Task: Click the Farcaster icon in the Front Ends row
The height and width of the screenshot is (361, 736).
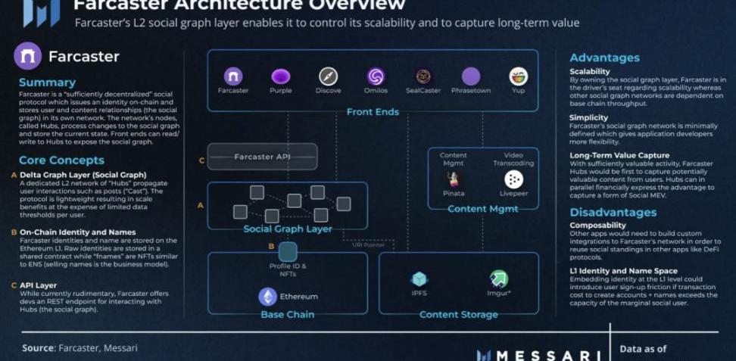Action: tap(232, 76)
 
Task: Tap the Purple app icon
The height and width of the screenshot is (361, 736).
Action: tap(280, 76)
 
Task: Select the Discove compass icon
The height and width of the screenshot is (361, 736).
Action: tap(328, 76)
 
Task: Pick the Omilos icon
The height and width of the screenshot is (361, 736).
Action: tap(376, 76)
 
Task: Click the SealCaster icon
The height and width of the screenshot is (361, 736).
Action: tap(423, 76)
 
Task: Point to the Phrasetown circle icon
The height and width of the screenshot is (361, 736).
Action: tap(471, 76)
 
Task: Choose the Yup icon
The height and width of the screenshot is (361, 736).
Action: tap(519, 76)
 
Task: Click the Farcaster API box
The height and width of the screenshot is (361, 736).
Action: tap(262, 157)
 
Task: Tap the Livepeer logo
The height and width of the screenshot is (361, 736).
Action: tap(513, 179)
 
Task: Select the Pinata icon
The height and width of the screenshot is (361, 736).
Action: tap(454, 179)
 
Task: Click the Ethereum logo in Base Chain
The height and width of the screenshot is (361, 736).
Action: tap(267, 296)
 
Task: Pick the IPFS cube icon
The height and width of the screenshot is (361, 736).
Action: tap(419, 279)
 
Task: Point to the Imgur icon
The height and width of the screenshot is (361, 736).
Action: tap(498, 279)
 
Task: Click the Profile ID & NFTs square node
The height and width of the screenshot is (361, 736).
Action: tap(288, 252)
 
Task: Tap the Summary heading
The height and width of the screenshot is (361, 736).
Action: tap(47, 82)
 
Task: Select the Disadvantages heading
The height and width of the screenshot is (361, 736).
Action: tap(614, 212)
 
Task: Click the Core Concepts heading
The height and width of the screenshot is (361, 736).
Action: tap(61, 160)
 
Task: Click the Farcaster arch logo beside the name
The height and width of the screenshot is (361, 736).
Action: tap(28, 57)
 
